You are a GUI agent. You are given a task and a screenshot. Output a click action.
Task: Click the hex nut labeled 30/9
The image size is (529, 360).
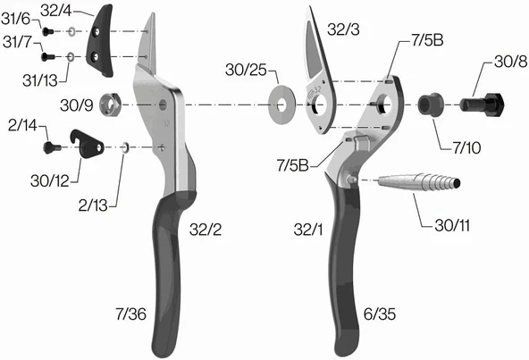113,100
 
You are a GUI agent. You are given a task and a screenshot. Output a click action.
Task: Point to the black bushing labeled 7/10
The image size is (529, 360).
432,104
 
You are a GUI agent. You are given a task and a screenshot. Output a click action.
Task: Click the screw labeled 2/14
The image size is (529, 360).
56,144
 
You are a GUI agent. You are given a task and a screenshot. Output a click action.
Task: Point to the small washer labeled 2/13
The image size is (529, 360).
126,146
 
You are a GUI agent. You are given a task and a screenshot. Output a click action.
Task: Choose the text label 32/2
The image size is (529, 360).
206,230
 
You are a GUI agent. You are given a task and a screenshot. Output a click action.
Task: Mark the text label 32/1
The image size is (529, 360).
307,230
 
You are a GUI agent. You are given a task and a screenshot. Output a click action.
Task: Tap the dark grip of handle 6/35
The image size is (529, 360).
343,268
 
